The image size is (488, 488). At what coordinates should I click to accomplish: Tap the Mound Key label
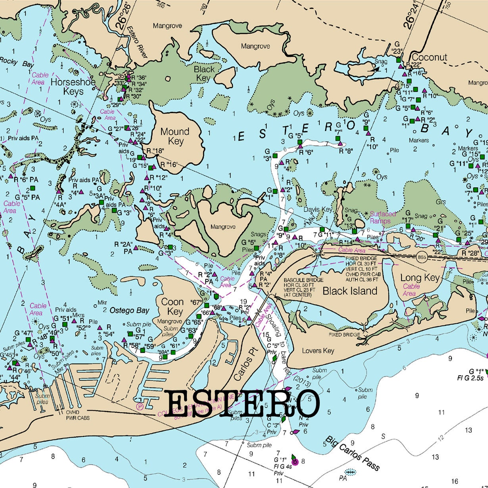pyautogui.click(x=175, y=136)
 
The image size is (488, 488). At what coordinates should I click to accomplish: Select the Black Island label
pyautogui.click(x=350, y=291)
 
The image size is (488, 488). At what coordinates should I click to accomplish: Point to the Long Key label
pyautogui.click(x=420, y=278)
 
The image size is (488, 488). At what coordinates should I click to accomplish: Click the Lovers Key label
pyautogui.click(x=318, y=351)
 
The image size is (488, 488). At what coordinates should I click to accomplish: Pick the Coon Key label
pyautogui.click(x=173, y=306)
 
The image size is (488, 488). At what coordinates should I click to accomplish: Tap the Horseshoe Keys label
pyautogui.click(x=73, y=86)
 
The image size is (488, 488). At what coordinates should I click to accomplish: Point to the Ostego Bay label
pyautogui.click(x=129, y=310)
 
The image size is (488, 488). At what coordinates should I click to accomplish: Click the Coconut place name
pyautogui.click(x=429, y=57)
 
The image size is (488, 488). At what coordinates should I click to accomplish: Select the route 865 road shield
pyautogui.click(x=422, y=257)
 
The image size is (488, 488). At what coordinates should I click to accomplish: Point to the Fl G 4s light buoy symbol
pyautogui.click(x=294, y=461)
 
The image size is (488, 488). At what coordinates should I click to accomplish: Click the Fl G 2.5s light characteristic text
pyautogui.click(x=471, y=378)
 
